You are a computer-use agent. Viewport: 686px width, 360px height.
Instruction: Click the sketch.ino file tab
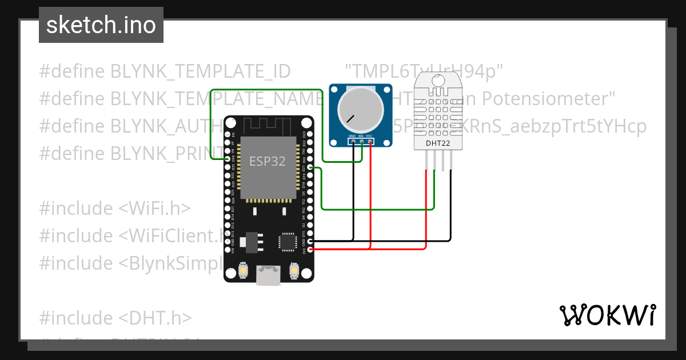coord(101,25)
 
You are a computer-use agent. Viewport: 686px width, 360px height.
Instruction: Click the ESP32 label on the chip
coord(267,161)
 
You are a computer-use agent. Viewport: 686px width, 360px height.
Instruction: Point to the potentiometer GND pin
coord(353,141)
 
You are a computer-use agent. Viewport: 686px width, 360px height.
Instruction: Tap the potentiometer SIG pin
coord(361,141)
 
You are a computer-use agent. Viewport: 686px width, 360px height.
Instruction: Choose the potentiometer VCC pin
coord(370,141)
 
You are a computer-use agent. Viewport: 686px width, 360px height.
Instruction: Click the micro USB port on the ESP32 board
coord(269,277)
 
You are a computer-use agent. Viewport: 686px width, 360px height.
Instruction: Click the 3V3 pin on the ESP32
coord(310,249)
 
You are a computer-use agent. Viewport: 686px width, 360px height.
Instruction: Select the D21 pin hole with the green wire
coord(310,168)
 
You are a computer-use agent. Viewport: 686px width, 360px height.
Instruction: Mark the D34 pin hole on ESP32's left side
coord(228,158)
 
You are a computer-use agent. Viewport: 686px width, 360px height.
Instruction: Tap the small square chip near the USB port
coord(288,242)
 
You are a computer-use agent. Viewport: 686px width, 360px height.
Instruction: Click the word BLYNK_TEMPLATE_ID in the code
coord(200,71)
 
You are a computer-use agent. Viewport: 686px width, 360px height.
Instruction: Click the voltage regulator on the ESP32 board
coord(252,242)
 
